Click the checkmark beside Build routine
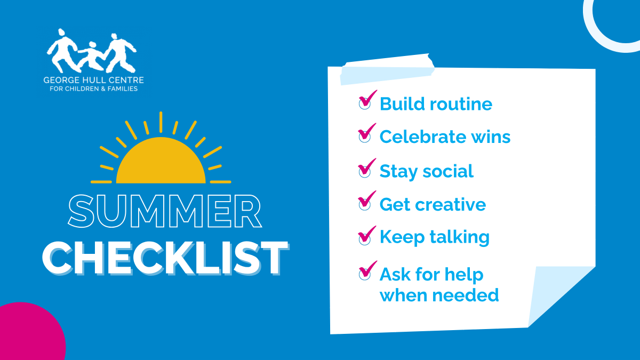point(365,101)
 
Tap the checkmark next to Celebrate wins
point(365,134)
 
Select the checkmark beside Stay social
point(365,169)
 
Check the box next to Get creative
point(365,202)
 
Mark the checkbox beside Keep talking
point(365,236)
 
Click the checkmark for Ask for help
point(365,273)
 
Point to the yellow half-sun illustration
point(161,160)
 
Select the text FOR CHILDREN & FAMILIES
point(93,89)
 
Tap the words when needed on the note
point(439,294)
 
